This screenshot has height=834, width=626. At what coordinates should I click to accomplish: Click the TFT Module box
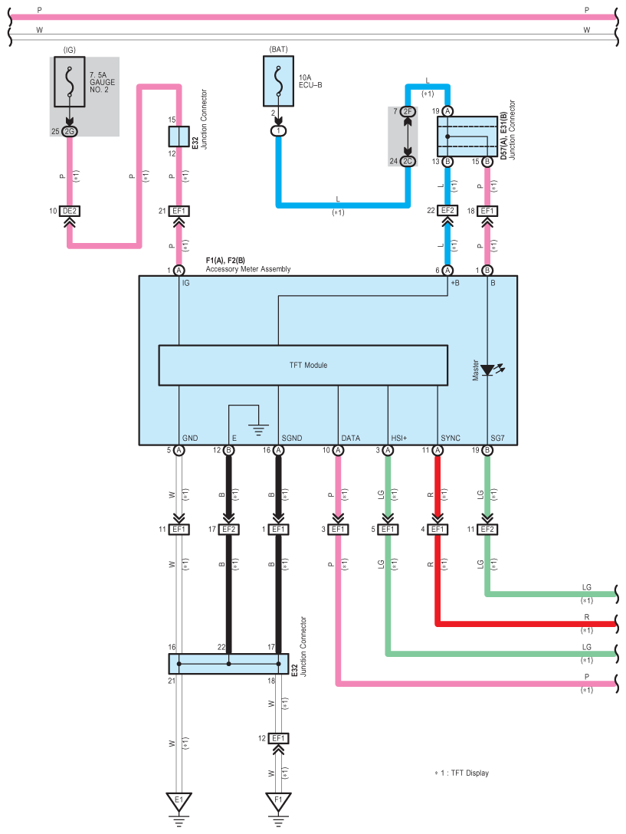303,365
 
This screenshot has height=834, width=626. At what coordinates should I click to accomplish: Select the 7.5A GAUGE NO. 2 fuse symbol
69,82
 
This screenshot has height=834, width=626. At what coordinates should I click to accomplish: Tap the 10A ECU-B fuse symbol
278,81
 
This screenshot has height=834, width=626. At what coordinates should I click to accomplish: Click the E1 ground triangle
179,801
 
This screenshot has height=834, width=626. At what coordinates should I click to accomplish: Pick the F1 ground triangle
278,801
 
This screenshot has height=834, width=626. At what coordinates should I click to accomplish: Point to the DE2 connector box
70,211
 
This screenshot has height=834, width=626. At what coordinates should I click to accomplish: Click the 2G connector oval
69,131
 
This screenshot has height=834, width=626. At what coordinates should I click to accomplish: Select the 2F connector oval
408,111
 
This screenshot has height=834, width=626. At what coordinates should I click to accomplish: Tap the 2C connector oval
408,161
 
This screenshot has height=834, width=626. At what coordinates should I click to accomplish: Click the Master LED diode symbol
488,369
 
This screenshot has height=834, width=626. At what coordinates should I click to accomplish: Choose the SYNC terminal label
451,438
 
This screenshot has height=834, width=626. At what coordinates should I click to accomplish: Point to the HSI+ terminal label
399,438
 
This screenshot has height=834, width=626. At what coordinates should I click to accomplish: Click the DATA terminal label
350,438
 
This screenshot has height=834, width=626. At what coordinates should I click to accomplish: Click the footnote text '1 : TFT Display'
464,773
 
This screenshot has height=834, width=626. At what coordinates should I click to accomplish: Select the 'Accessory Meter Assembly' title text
248,269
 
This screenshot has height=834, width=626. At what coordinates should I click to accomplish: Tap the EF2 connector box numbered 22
447,211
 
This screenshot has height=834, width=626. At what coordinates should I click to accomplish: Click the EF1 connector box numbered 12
278,738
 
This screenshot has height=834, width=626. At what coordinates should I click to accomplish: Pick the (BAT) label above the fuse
279,50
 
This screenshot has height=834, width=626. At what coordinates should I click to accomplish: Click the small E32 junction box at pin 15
179,136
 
